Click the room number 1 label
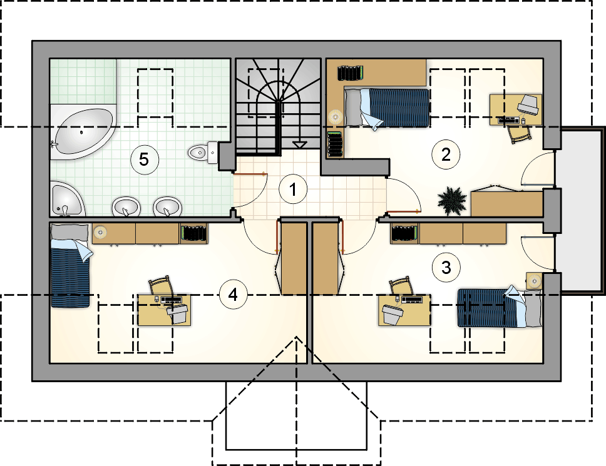[293, 190]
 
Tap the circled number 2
[446, 155]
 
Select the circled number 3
[446, 267]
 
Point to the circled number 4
[233, 295]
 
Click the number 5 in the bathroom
[144, 160]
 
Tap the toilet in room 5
[203, 153]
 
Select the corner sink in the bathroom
[66, 201]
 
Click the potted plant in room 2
[452, 200]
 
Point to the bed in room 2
[387, 108]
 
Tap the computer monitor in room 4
[177, 313]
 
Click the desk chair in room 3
[401, 286]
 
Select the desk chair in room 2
[520, 134]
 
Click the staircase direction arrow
[299, 144]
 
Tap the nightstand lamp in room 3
[534, 280]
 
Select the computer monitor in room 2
[529, 103]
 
